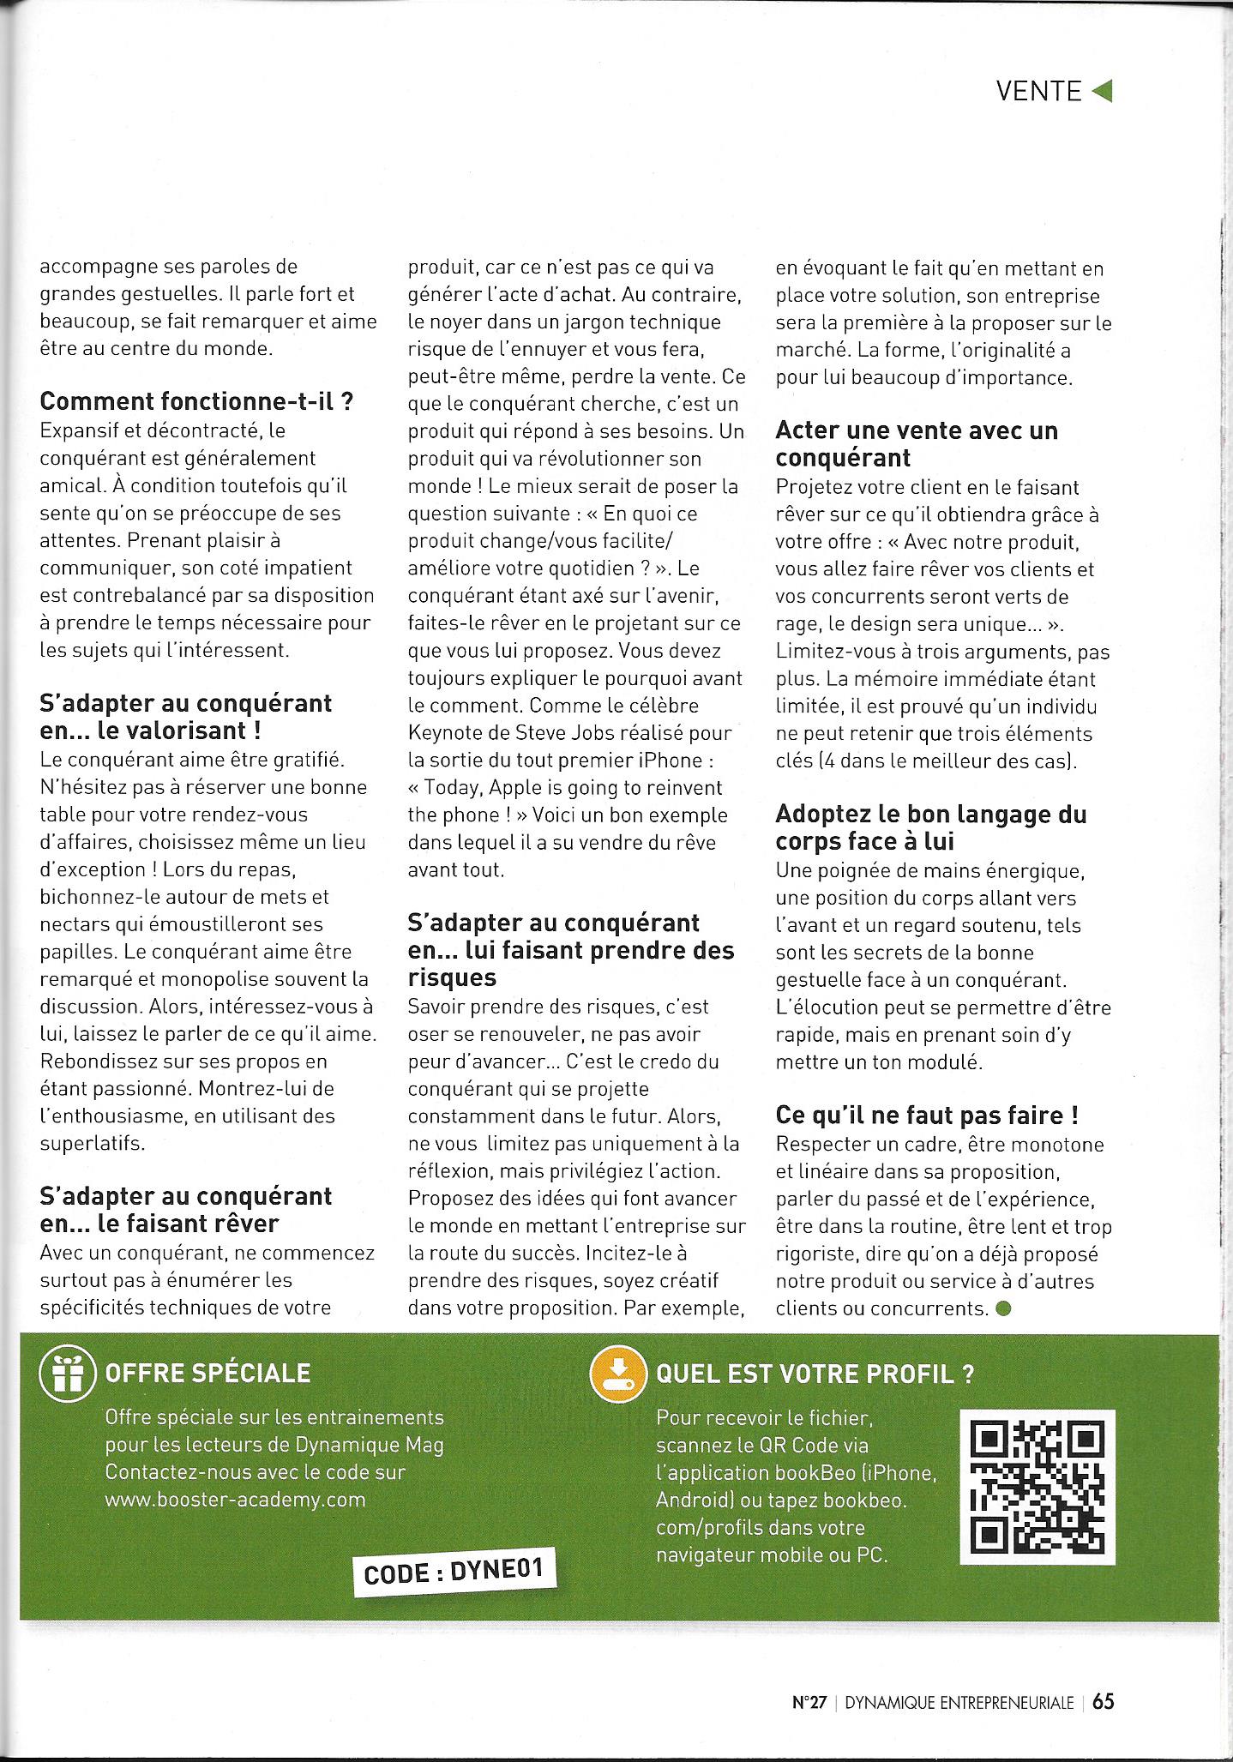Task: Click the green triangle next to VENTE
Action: [x=1103, y=91]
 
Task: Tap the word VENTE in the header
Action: [x=1038, y=91]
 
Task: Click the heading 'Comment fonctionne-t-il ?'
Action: [x=197, y=401]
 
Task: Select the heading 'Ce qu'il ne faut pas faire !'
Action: [x=927, y=1116]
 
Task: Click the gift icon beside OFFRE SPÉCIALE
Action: [x=66, y=1374]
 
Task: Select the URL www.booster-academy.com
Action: [x=235, y=1500]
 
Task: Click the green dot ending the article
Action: [x=1004, y=1308]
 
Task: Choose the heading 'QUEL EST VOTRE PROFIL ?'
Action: [x=815, y=1374]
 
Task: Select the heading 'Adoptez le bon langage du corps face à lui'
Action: [x=930, y=827]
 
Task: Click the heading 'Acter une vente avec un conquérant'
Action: [x=916, y=443]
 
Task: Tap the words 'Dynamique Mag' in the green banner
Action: [x=369, y=1445]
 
